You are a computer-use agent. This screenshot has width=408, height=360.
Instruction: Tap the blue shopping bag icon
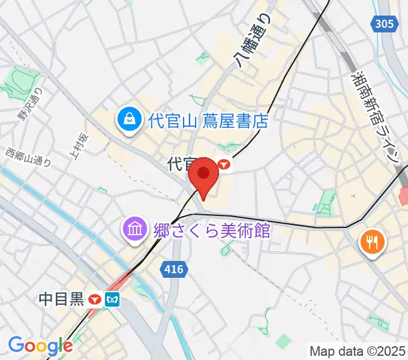(129, 119)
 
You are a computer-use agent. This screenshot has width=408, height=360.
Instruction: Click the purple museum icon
(133, 229)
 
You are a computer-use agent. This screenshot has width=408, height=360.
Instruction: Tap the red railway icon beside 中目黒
(94, 299)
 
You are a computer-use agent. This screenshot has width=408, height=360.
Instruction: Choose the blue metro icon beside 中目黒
(112, 299)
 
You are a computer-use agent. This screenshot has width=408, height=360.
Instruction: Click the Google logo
(40, 345)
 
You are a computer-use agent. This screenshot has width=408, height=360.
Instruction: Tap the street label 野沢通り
(31, 104)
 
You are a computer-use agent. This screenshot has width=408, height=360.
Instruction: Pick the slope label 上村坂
(79, 147)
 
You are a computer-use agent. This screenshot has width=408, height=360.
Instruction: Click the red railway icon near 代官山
(225, 163)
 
